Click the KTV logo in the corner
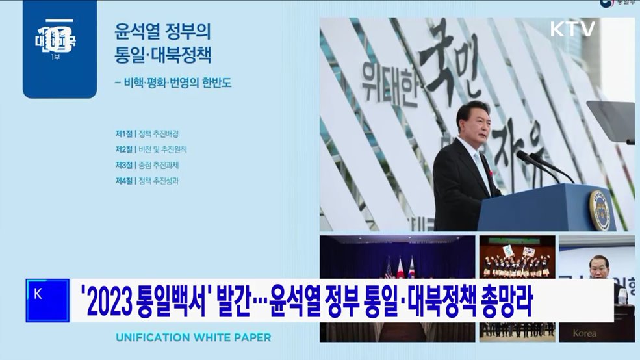point(572,29)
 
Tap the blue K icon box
point(47,300)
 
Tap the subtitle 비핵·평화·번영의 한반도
point(172,83)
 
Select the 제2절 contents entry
point(151,149)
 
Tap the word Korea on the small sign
point(583,333)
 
